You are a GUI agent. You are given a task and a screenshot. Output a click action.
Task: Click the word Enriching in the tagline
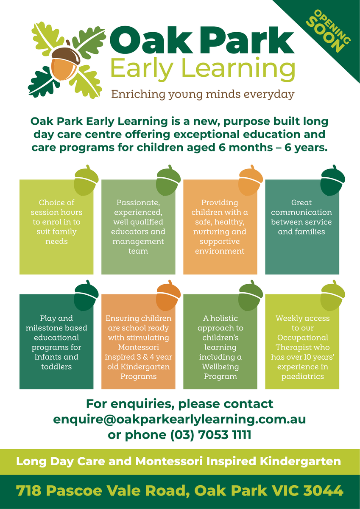(x=138, y=95)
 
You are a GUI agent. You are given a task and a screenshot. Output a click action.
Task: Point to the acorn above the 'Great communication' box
(x=332, y=180)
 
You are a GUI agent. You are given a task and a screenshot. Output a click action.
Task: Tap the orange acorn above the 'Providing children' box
(x=251, y=180)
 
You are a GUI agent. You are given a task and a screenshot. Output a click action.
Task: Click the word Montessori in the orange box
(x=138, y=347)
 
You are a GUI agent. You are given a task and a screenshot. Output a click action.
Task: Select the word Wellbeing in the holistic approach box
(x=220, y=367)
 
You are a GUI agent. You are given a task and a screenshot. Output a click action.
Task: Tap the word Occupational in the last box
(x=302, y=338)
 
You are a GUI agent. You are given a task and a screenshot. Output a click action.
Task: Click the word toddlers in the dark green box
(x=56, y=366)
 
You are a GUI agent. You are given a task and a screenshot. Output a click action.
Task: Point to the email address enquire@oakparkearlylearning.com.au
(x=179, y=419)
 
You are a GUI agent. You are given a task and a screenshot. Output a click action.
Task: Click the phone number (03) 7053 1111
(x=211, y=435)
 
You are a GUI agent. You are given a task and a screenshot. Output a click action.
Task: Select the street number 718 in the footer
(x=28, y=490)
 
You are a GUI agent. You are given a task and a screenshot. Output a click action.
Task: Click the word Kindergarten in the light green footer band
(x=300, y=461)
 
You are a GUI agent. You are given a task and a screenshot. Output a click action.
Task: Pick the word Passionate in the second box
(x=138, y=202)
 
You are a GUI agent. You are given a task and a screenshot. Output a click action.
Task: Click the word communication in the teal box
(x=301, y=212)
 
